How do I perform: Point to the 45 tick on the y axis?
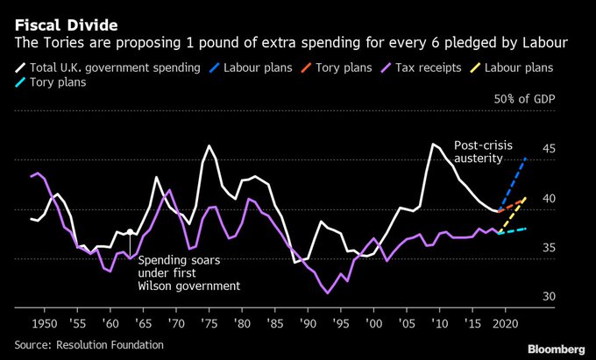click(x=550, y=149)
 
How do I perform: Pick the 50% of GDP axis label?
click(x=525, y=99)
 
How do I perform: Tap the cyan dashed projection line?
click(x=513, y=230)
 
